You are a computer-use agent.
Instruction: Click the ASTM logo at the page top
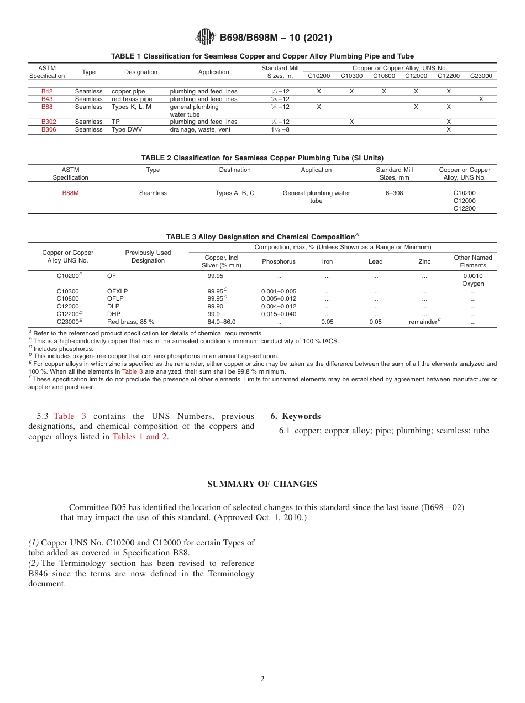click(x=206, y=37)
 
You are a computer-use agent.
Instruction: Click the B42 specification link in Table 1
click(x=47, y=91)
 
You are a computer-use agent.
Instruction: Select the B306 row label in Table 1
click(x=47, y=129)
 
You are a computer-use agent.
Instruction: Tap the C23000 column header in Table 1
click(x=481, y=76)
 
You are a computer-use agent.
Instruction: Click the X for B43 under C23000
click(x=481, y=99)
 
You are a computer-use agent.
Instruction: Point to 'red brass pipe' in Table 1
click(x=132, y=99)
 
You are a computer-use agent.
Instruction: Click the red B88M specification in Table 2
click(x=70, y=193)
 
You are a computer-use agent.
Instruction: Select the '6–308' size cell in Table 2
click(x=394, y=193)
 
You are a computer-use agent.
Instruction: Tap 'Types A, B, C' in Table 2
click(x=235, y=193)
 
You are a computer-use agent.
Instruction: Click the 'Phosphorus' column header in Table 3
click(x=279, y=261)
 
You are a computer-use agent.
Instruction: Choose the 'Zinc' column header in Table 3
click(x=424, y=261)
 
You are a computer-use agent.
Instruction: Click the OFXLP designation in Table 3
click(x=117, y=291)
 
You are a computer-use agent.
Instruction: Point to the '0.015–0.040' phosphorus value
click(x=279, y=314)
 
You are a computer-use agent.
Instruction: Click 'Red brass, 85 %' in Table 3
click(x=130, y=322)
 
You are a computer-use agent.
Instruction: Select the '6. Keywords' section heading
click(x=295, y=416)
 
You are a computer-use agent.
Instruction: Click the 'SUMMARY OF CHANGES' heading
click(x=262, y=484)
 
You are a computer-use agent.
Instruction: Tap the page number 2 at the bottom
click(x=262, y=679)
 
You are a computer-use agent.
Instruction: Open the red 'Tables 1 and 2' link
click(x=140, y=437)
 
